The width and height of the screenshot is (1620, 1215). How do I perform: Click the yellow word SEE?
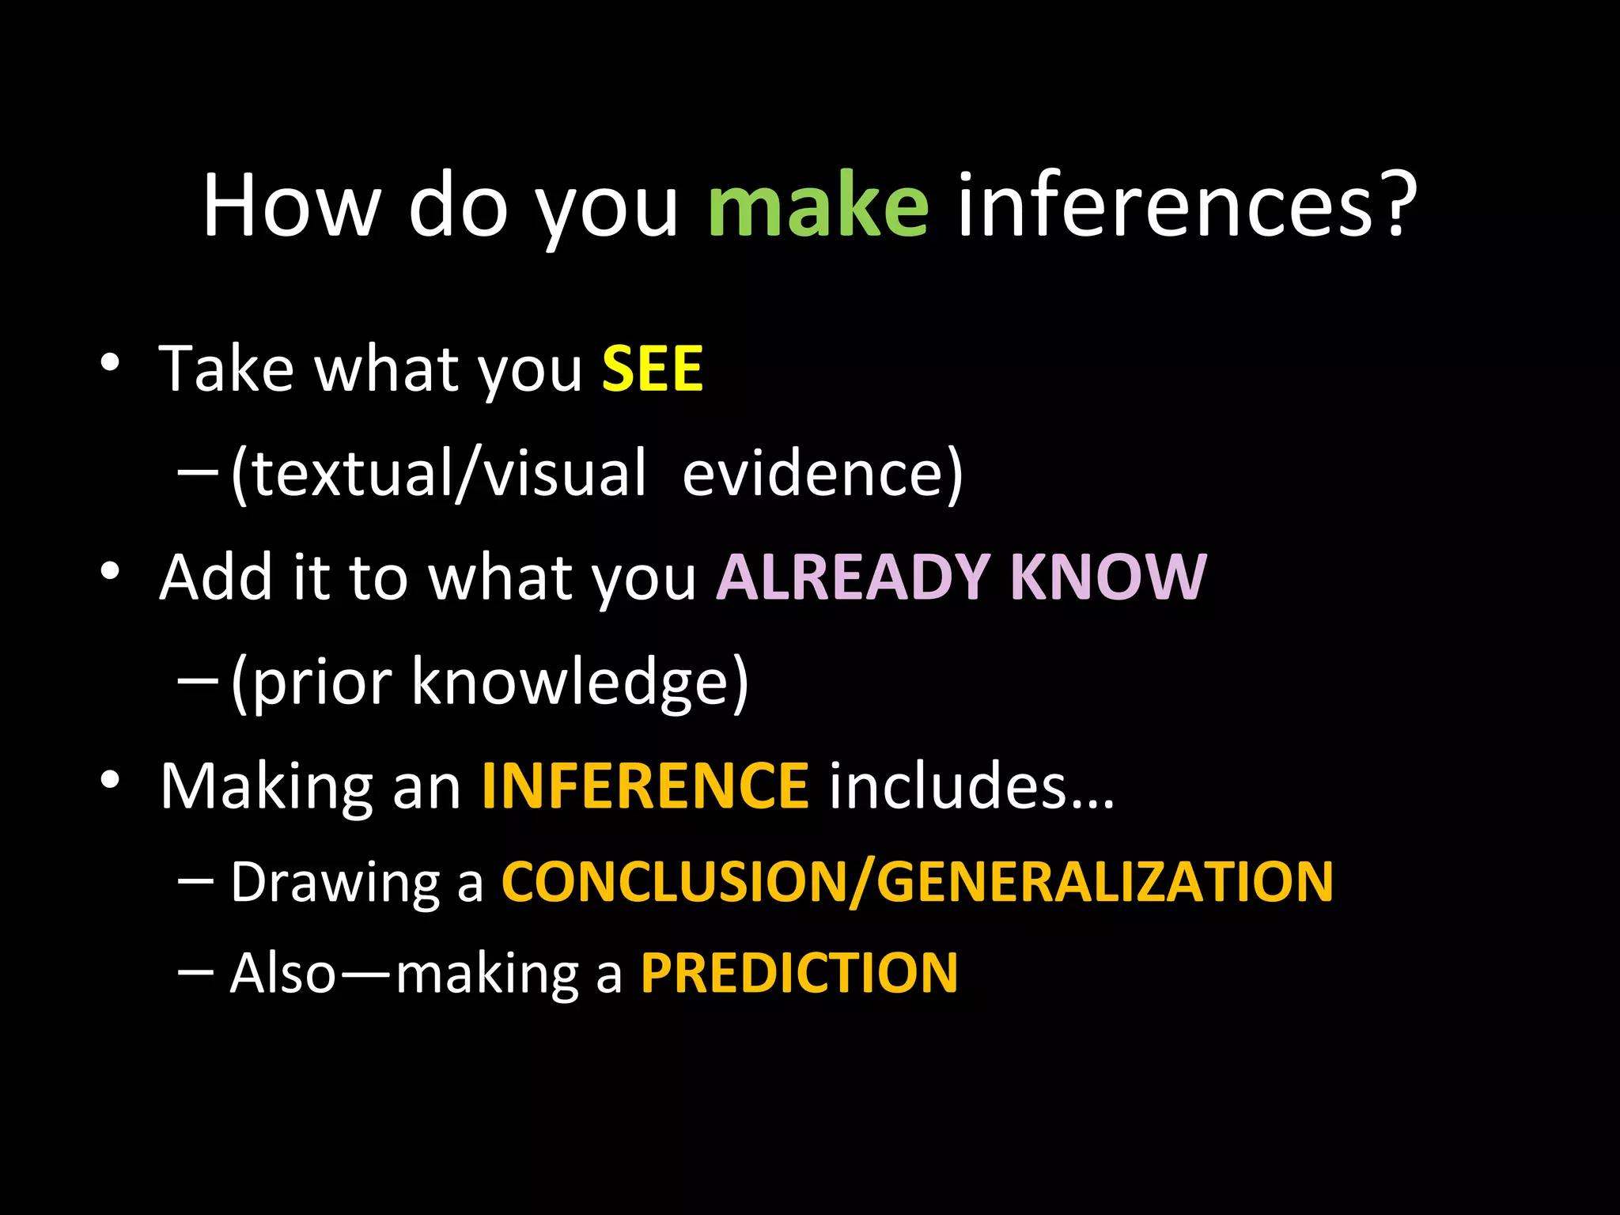[x=653, y=369]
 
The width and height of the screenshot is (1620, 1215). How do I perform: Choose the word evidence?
[x=815, y=474]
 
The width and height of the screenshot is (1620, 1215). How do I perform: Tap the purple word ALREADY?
[x=853, y=577]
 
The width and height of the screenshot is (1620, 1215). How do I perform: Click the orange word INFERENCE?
[x=645, y=786]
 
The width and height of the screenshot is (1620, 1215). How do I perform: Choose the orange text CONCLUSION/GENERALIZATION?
[x=918, y=882]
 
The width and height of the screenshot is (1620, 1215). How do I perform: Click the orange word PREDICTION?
[x=799, y=973]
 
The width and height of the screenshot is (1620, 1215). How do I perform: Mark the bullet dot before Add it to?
[x=110, y=570]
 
